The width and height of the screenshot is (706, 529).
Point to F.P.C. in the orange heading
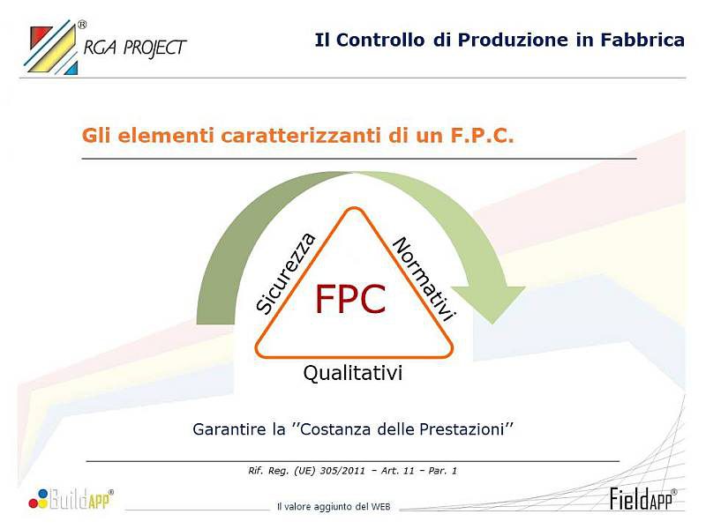pos(481,136)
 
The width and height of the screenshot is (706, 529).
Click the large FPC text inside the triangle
pos(350,301)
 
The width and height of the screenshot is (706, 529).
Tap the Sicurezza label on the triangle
pos(286,272)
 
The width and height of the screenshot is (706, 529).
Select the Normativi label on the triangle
pos(424,279)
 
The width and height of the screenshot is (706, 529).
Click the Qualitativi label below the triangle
pos(353,373)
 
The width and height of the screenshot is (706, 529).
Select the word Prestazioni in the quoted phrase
pos(463,430)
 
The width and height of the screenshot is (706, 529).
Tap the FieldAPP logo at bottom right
pos(642,498)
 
